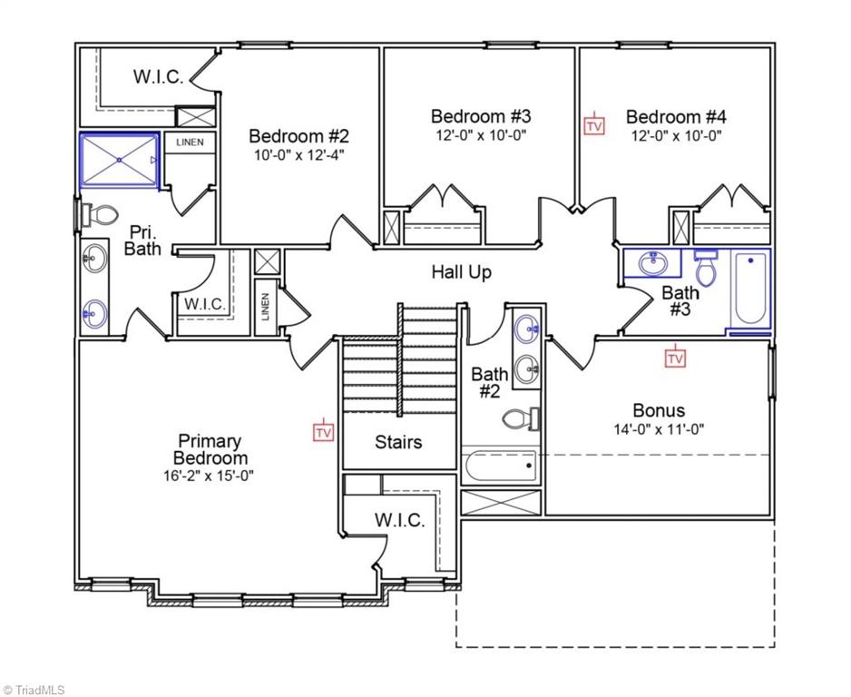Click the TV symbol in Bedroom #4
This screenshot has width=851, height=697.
(x=594, y=124)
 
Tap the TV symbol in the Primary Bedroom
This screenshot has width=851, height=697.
(x=324, y=430)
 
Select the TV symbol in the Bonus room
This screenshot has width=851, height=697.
(x=675, y=357)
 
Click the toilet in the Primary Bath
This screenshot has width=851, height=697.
(x=99, y=214)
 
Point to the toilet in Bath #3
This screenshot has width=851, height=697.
(x=706, y=268)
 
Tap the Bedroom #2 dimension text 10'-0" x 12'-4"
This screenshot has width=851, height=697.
(x=299, y=155)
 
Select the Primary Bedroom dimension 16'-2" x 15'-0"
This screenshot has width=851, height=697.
(x=209, y=476)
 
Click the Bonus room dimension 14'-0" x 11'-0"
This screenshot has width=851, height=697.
(x=659, y=429)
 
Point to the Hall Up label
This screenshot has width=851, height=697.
(x=461, y=271)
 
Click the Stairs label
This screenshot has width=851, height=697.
(x=398, y=442)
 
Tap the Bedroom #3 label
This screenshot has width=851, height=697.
(x=481, y=116)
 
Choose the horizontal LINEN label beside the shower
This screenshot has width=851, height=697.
(x=190, y=142)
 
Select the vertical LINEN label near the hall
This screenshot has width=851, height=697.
(x=266, y=307)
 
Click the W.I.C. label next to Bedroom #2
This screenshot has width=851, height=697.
(x=159, y=76)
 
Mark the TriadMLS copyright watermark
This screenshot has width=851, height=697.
(x=34, y=690)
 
